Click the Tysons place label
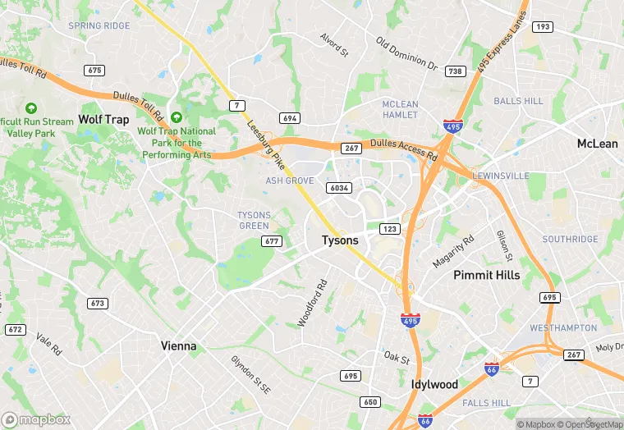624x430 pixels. coord(339,240)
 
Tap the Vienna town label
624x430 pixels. coord(178,345)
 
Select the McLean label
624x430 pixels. coord(597,144)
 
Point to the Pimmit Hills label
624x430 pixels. coord(487,275)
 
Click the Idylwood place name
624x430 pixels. coord(434,384)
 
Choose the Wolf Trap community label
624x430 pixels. coord(103,120)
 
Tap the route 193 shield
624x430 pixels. coord(542,27)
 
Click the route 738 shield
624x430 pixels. coord(455,72)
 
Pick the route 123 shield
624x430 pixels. coord(389,228)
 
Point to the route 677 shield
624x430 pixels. coord(273,240)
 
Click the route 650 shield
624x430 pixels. coord(369,401)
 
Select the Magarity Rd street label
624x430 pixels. coord(453,252)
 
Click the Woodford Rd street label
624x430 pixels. coord(312,304)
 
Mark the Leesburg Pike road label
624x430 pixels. coord(266,140)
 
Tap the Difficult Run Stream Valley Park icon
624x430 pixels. coord(31,108)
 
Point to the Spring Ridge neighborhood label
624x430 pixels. coord(99,26)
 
